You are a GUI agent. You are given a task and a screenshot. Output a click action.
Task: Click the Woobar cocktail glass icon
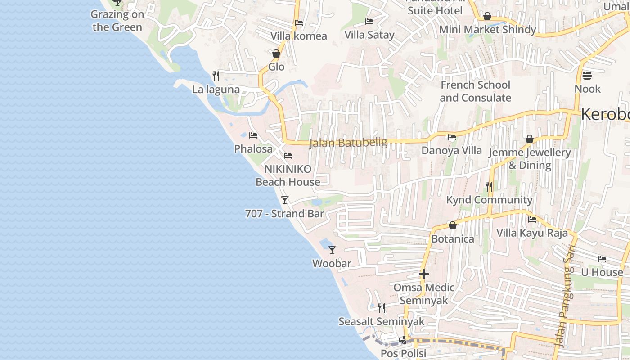click(332, 250)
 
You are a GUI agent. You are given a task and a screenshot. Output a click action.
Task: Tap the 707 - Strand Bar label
click(284, 214)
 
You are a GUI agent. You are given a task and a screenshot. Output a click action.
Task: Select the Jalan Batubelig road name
click(348, 143)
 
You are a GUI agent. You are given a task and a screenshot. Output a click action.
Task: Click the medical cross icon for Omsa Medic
click(423, 274)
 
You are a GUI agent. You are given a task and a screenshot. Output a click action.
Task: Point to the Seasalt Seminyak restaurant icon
click(382, 308)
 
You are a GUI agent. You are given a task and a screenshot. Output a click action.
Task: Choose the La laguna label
click(216, 90)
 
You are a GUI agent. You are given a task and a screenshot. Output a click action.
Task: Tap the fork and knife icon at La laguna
click(216, 76)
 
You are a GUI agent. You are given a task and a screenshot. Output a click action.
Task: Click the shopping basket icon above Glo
click(276, 54)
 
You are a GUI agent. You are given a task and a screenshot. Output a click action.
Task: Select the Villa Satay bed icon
click(369, 22)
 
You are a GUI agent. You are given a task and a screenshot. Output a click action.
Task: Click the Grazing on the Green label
click(117, 21)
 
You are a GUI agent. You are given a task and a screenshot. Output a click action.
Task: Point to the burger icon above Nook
click(587, 75)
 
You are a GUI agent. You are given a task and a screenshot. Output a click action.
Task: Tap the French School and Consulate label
click(476, 91)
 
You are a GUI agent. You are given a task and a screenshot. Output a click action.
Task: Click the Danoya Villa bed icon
click(452, 137)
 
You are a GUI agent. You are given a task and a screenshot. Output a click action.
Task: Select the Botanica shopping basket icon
click(453, 225)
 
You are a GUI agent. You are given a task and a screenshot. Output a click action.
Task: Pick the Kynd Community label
click(489, 200)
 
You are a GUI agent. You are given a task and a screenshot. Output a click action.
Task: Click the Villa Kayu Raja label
click(532, 233)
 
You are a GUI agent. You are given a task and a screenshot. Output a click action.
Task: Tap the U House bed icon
click(602, 259)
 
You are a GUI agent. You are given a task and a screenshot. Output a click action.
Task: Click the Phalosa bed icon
click(253, 135)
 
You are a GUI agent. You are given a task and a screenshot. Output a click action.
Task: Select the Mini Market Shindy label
click(487, 30)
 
